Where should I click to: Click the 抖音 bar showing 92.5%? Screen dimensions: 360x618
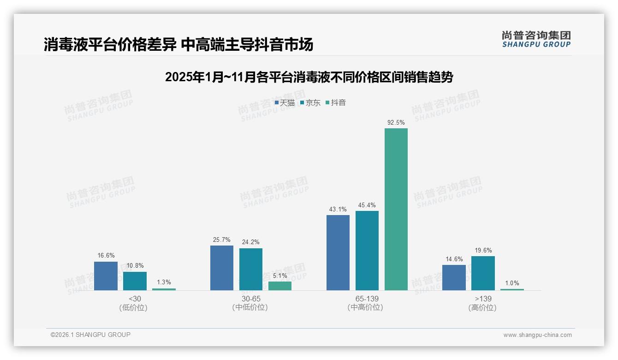(x=396, y=209)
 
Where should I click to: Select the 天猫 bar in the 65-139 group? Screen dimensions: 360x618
(x=338, y=252)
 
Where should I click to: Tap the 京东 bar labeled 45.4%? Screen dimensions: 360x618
(x=367, y=251)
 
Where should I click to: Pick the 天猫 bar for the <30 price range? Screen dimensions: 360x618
(x=106, y=276)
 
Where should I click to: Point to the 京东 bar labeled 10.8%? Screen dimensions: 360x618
(x=135, y=281)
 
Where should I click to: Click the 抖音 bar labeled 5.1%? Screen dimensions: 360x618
(x=280, y=286)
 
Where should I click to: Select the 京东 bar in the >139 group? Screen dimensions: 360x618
(x=483, y=273)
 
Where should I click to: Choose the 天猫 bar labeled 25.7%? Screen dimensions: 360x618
(x=222, y=268)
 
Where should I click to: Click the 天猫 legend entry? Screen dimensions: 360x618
(x=285, y=103)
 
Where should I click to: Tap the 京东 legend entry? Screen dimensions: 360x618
(x=310, y=103)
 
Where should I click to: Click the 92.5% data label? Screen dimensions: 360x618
(x=396, y=122)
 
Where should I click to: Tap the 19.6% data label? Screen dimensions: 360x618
(x=483, y=251)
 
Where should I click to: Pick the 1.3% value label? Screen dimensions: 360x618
(x=164, y=282)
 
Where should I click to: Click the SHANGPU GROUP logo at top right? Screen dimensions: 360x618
(x=536, y=39)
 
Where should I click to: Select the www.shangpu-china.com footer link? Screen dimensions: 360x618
(x=537, y=335)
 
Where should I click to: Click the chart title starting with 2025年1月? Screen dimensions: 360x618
(x=309, y=77)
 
